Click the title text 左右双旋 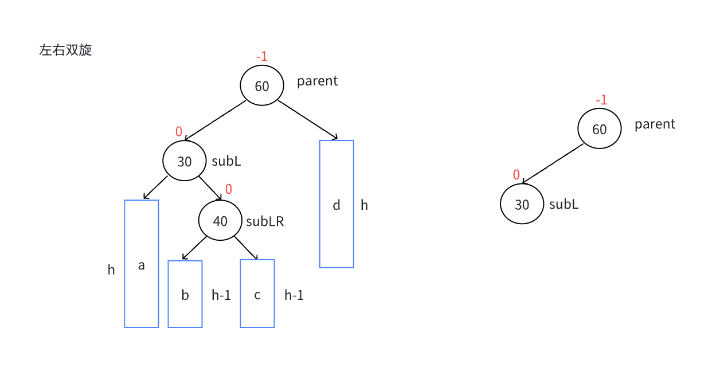(x=65, y=50)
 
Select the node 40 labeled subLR (x=220, y=221)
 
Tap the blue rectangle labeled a (x=142, y=264)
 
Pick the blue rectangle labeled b (x=185, y=294)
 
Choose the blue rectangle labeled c (x=257, y=294)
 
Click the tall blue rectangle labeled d (x=336, y=204)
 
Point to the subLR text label (x=265, y=221)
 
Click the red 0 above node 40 (x=229, y=189)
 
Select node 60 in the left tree (x=262, y=85)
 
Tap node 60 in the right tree (x=600, y=129)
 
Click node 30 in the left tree (x=185, y=161)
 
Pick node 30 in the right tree (x=522, y=204)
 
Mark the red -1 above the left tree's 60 (x=262, y=56)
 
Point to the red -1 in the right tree (x=601, y=100)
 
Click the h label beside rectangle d (x=365, y=205)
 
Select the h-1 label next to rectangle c (x=294, y=295)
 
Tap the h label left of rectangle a (x=111, y=269)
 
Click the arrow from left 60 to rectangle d (x=308, y=120)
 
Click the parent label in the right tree (x=655, y=124)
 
